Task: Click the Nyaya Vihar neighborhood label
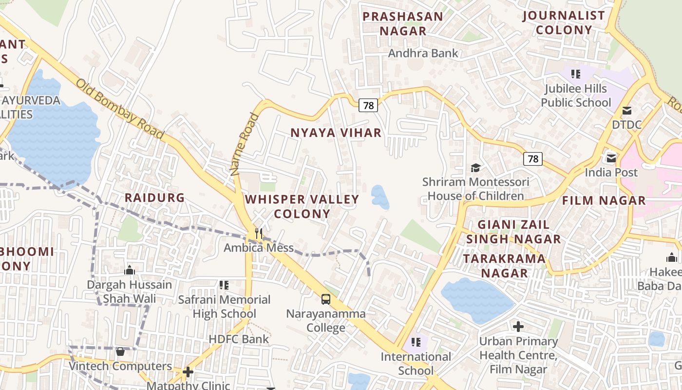tap(336, 133)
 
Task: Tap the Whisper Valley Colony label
tap(302, 206)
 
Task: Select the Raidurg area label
tap(155, 197)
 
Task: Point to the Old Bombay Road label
tap(119, 109)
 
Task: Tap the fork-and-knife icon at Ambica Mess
tap(259, 234)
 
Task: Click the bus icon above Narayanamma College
tap(325, 299)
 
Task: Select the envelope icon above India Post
tap(611, 158)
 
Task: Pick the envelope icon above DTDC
tap(626, 111)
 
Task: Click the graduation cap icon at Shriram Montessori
tap(475, 168)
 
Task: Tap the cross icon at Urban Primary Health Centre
tap(518, 326)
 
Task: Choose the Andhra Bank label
tap(423, 53)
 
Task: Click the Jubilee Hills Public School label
tap(576, 96)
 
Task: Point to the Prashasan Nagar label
tap(403, 23)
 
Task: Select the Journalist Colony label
tap(564, 22)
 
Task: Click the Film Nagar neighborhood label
tap(604, 200)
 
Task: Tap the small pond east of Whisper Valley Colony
tap(380, 196)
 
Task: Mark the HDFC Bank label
tap(239, 339)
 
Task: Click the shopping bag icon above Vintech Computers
tap(120, 351)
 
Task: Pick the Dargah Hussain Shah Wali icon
tap(130, 270)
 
